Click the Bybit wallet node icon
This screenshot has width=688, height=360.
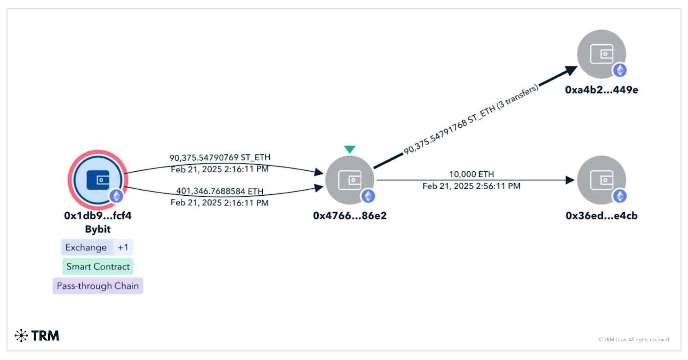coord(98,180)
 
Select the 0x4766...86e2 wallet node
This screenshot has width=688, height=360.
coord(349,180)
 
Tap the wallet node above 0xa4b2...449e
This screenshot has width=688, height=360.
coord(601,54)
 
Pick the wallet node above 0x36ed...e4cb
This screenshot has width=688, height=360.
coord(601,180)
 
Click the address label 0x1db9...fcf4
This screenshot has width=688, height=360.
coord(98,215)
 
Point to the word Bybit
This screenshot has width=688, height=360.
coord(98,229)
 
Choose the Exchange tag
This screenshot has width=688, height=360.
coord(86,247)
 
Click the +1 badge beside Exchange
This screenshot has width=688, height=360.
coord(123,247)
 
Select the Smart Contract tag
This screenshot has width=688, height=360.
coord(98,267)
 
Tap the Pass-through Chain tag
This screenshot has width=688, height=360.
coord(98,286)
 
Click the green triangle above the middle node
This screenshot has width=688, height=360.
coord(350,149)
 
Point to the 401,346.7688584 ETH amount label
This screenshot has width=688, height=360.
coord(220,191)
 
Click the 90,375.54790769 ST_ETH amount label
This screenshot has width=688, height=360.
coord(220,157)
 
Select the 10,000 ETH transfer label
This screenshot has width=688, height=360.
coord(471,174)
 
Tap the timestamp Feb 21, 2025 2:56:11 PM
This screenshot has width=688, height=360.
coord(471,186)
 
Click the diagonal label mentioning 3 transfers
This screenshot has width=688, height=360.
coord(471,119)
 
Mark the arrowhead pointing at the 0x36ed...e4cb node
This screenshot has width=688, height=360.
coord(570,180)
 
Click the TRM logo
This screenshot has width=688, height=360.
coord(37,335)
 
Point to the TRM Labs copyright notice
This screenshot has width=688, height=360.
coord(634,340)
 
